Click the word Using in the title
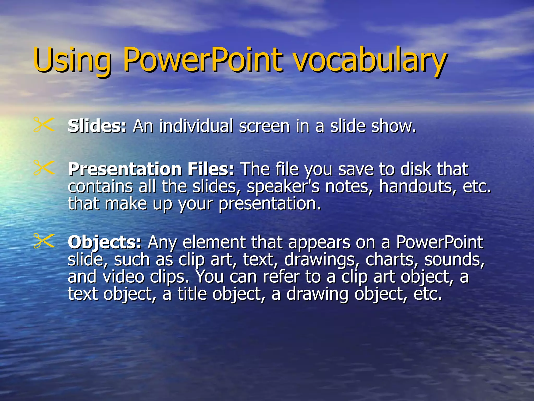72,61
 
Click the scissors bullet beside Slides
44,125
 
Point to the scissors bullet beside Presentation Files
44,168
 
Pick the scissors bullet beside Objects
44,241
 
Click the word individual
196,126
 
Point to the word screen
264,127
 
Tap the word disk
416,169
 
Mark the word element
214,242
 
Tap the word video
123,277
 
